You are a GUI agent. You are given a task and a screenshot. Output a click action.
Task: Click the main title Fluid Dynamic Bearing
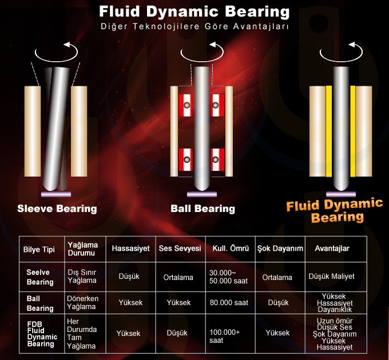tap(194, 11)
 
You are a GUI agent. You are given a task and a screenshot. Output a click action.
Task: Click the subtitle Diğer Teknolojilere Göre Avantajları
tap(194, 26)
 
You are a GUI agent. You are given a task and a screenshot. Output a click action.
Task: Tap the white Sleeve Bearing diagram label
tap(57, 209)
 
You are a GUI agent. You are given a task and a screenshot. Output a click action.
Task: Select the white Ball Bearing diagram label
tap(203, 209)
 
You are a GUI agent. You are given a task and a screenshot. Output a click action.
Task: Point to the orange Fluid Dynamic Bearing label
tap(335, 211)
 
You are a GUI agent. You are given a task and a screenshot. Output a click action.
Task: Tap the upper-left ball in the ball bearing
tap(187, 105)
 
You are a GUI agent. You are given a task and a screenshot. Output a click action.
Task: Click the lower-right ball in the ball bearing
tap(215, 159)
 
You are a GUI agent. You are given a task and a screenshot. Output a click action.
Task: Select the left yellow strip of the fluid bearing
tap(329, 131)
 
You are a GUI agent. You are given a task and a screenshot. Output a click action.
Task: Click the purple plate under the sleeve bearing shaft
tap(56, 194)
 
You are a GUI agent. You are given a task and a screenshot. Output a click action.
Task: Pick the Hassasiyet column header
tap(131, 249)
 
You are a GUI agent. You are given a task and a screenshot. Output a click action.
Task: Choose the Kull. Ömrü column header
tap(231, 249)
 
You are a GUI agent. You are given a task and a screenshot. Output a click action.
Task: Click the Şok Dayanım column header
tap(280, 249)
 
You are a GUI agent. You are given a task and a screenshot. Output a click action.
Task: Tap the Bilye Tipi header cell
tap(39, 250)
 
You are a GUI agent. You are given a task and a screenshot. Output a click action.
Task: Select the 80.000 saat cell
tap(229, 302)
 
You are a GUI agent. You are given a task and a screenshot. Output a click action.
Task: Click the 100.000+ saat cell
tap(224, 336)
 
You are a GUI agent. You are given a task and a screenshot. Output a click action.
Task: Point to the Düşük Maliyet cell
tap(331, 276)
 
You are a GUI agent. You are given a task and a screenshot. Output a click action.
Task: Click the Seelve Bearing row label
tap(40, 277)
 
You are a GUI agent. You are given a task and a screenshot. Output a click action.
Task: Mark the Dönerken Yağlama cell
tap(82, 302)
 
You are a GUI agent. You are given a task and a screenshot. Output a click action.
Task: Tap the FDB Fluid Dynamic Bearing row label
tap(42, 334)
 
